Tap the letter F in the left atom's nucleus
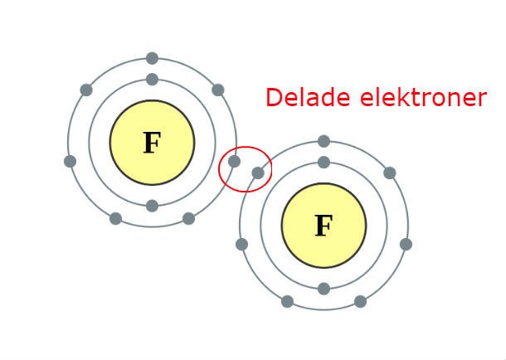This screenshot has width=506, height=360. (151, 144)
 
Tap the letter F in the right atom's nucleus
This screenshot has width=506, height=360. (323, 226)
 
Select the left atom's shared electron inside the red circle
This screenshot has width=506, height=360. (234, 161)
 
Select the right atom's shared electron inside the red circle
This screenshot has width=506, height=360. (258, 173)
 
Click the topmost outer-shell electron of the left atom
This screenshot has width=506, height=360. (152, 58)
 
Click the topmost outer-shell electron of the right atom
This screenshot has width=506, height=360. (324, 141)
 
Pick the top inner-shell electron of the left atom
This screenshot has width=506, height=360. (152, 80)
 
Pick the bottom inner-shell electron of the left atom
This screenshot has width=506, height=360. (152, 206)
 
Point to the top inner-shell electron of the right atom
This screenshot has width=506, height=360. (324, 163)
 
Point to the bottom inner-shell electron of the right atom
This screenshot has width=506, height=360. (324, 289)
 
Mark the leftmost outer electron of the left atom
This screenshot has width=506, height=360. (71, 161)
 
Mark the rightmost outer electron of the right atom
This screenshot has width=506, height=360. (406, 244)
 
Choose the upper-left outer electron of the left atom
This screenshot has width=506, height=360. (86, 90)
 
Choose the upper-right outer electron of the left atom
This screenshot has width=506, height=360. (217, 90)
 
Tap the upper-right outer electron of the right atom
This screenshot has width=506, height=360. (389, 173)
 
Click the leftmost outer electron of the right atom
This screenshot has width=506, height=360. (241, 244)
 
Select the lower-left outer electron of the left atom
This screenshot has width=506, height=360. (115, 219)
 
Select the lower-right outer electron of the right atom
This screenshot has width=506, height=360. (360, 301)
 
